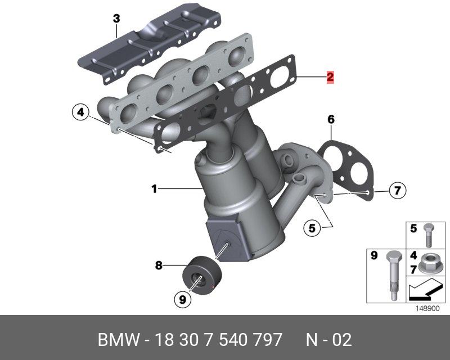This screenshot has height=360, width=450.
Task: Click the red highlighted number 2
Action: click(x=330, y=77)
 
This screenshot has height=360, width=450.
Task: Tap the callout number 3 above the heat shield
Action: click(x=116, y=19)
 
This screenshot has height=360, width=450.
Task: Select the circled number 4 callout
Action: click(x=81, y=112)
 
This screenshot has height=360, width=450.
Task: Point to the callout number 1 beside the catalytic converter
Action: click(x=154, y=189)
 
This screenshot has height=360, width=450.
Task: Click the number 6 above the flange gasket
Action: click(x=331, y=119)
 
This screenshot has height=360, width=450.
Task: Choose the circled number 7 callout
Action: click(x=398, y=190)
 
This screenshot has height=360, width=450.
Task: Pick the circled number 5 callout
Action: click(x=312, y=228)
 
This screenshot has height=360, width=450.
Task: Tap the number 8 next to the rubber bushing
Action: click(x=159, y=265)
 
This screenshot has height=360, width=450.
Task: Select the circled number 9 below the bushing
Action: click(x=182, y=299)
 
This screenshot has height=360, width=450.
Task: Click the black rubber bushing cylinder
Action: click(x=202, y=275)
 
